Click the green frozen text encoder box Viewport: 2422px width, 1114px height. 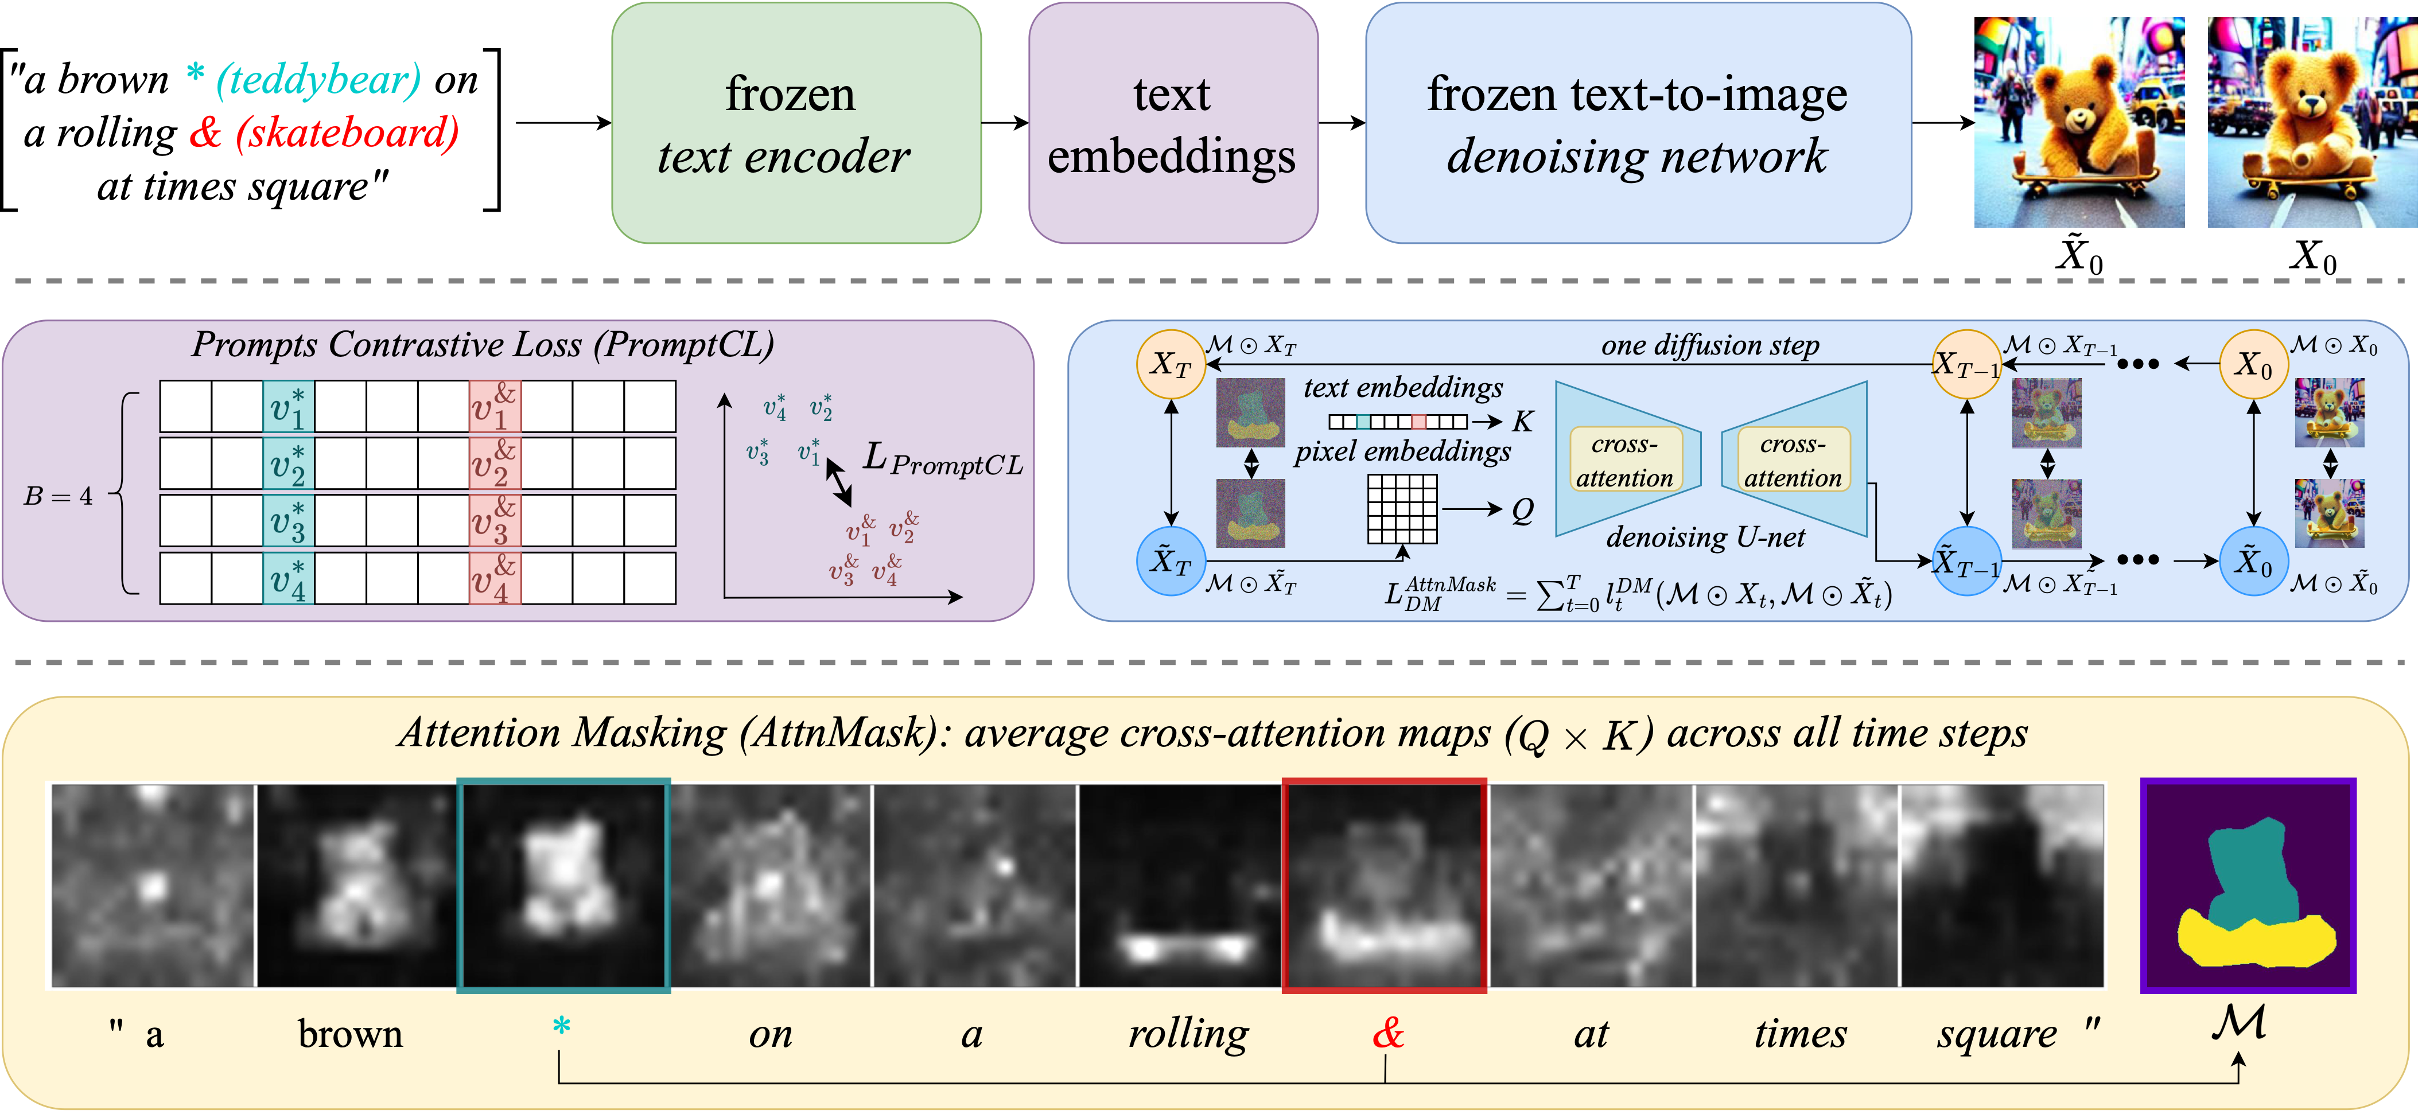[796, 123]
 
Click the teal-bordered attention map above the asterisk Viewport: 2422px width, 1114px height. [563, 886]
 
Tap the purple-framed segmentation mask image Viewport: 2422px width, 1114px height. [2248, 886]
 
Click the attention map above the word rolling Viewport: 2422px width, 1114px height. [1180, 886]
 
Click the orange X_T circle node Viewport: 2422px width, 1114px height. [1171, 364]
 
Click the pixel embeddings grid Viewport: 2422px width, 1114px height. [1402, 509]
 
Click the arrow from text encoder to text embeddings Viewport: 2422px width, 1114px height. [1005, 123]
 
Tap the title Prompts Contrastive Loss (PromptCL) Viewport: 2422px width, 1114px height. [483, 345]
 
